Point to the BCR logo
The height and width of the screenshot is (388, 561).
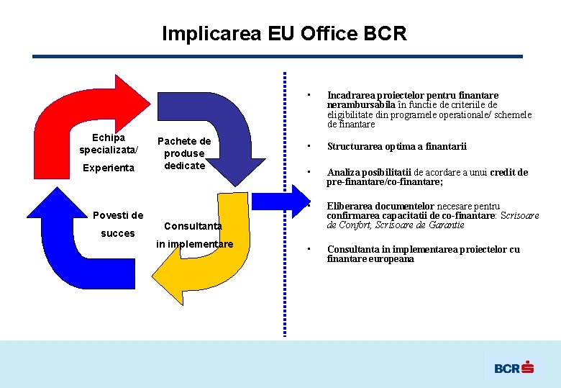(x=514, y=368)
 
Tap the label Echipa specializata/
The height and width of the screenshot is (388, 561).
(x=109, y=143)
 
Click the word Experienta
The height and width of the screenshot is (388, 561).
(x=109, y=168)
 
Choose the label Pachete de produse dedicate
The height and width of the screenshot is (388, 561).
(x=184, y=153)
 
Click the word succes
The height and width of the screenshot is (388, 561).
(x=117, y=233)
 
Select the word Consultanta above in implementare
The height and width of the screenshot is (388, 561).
(x=193, y=226)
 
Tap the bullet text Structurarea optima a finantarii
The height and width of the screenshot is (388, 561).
(x=396, y=147)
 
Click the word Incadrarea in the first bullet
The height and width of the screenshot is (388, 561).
(x=350, y=95)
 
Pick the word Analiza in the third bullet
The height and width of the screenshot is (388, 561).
(x=344, y=173)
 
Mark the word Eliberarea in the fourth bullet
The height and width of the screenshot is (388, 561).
(x=350, y=207)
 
